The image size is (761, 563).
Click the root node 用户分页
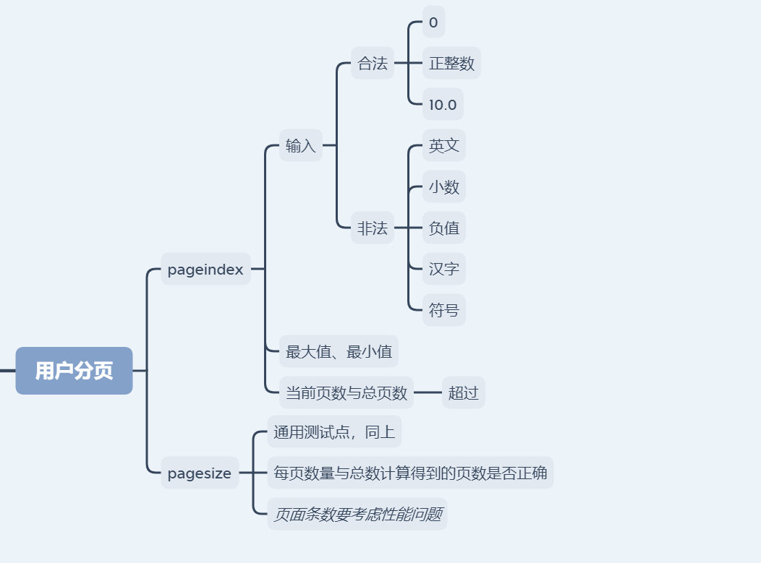point(74,371)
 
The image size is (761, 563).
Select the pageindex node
point(205,270)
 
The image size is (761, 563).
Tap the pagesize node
point(199,473)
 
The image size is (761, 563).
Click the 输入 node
point(300,146)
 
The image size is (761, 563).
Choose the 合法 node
point(373,64)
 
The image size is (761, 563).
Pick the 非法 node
point(373,228)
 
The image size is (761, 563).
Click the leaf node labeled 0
point(433,22)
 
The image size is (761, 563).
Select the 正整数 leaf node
point(451,64)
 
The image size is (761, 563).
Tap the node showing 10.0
point(443,105)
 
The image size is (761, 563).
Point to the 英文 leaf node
point(443,146)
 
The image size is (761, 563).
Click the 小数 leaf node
point(443,187)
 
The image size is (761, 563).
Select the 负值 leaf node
point(443,228)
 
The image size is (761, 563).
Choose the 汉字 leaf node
point(443,270)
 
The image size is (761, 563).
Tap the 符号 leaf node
point(443,311)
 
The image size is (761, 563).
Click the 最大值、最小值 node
point(339,352)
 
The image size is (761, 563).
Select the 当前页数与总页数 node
point(347,393)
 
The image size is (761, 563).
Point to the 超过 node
point(463,393)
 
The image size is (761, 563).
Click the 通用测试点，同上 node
point(334,432)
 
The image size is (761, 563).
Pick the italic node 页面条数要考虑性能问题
point(357,515)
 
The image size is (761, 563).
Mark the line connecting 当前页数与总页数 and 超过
point(428,393)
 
